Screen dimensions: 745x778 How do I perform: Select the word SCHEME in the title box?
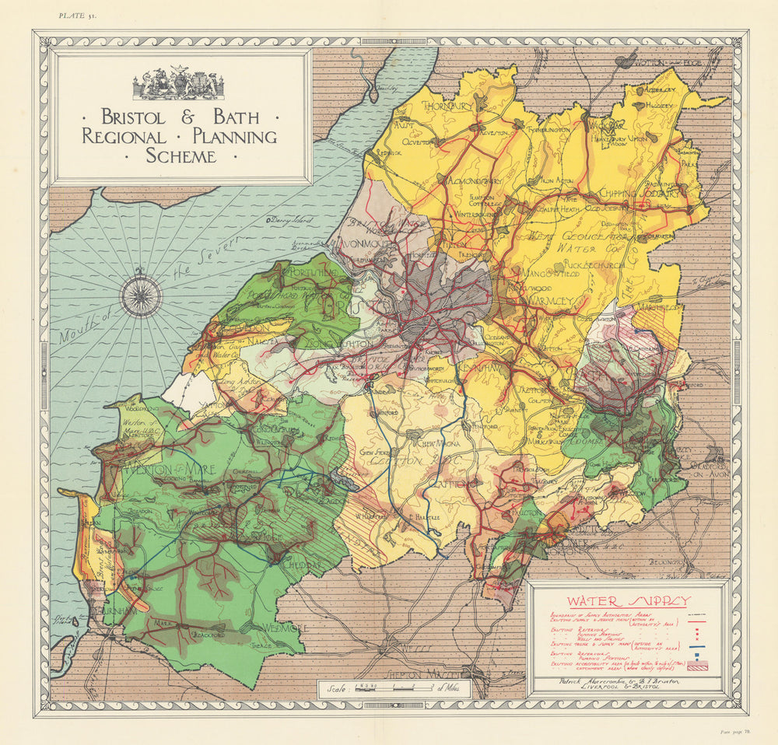[x=180, y=156]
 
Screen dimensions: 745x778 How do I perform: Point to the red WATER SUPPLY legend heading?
[x=627, y=601]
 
